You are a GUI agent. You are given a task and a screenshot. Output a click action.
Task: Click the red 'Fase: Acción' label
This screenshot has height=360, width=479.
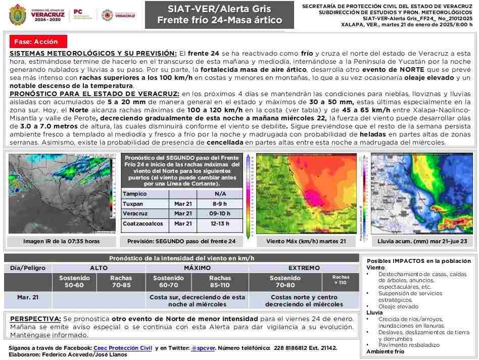(36, 42)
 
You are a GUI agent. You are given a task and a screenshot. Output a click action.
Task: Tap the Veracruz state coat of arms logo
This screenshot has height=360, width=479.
(18, 14)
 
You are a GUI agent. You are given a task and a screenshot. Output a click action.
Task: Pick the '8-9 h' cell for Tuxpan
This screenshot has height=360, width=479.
(220, 204)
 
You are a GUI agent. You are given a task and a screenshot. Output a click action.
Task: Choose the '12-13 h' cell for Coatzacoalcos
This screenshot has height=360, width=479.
(220, 223)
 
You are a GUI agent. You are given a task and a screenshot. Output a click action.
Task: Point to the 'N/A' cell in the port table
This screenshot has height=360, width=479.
(220, 194)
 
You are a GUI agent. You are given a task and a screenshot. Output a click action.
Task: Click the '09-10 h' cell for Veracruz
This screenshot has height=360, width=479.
(220, 213)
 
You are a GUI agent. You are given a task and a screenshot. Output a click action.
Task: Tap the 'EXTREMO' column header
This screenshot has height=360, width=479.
(304, 268)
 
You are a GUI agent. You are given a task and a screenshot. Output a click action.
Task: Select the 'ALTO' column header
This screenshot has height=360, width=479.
(99, 268)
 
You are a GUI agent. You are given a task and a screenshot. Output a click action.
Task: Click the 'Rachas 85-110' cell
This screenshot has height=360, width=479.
(220, 281)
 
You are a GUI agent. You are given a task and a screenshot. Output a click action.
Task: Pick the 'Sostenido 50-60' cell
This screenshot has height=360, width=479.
(74, 281)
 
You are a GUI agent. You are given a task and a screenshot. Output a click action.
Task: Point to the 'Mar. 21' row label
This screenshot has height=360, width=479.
(28, 297)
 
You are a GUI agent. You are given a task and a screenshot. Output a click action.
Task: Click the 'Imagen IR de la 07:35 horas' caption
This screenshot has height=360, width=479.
(61, 242)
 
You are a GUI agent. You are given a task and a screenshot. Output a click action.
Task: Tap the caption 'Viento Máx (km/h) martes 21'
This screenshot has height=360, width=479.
(306, 242)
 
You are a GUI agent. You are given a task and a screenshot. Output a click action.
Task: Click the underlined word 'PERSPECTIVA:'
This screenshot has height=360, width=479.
(35, 319)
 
